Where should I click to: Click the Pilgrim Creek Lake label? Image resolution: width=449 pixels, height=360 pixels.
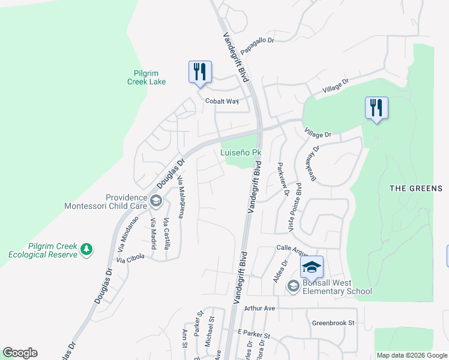146,77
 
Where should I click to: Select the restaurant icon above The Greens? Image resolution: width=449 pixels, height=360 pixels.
376,108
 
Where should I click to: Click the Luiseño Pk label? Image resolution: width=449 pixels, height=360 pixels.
241,153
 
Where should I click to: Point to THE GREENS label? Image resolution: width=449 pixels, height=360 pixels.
416,188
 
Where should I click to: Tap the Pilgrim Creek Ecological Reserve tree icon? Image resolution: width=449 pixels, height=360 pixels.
87,249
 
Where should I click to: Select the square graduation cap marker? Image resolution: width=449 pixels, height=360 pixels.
312,267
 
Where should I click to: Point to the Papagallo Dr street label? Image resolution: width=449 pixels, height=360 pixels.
258,41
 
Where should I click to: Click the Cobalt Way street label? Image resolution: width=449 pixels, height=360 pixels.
222,101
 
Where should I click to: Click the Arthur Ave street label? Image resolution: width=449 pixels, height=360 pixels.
259,308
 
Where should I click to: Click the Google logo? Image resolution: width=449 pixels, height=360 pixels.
20,353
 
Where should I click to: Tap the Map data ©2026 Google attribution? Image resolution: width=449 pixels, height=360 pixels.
412,355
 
